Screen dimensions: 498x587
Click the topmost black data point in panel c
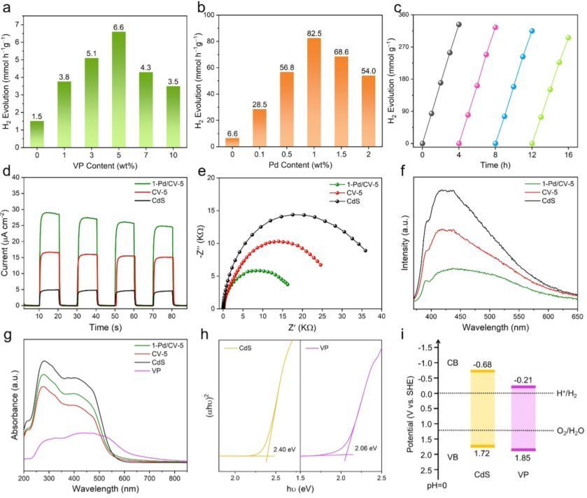(x=459, y=24)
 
